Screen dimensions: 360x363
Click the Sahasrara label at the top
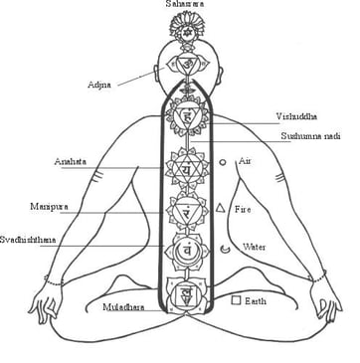pos(186,6)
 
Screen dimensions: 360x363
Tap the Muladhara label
pos(123,307)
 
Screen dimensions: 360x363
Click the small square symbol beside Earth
pos(236,298)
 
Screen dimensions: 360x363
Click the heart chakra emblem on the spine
pos(186,169)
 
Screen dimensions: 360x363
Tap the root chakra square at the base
pos(186,293)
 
